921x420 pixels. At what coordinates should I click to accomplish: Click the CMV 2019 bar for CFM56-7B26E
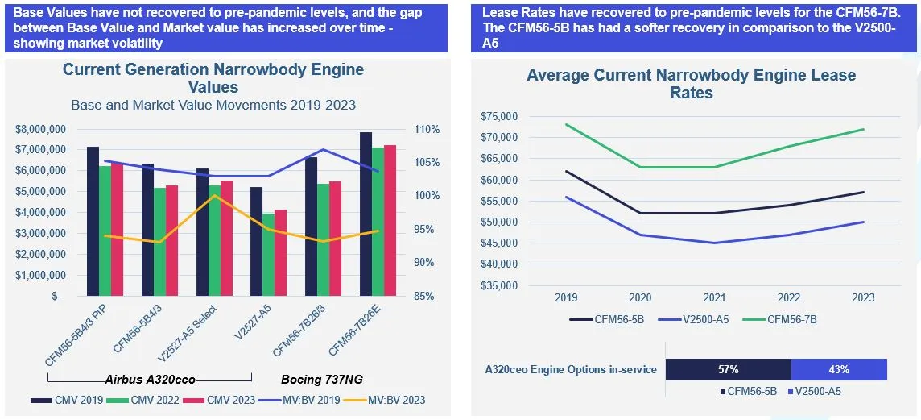pyautogui.click(x=366, y=214)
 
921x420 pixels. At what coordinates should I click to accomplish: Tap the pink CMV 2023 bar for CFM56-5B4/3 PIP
pyautogui.click(x=117, y=230)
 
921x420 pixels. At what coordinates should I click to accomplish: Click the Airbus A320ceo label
pyautogui.click(x=150, y=379)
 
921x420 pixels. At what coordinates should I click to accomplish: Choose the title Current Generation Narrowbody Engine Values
pyautogui.click(x=213, y=77)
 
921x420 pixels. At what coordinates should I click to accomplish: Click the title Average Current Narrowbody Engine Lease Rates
pyautogui.click(x=691, y=84)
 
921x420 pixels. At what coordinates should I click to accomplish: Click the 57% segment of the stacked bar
pyautogui.click(x=729, y=369)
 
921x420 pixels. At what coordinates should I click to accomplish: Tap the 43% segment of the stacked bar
pyautogui.click(x=839, y=369)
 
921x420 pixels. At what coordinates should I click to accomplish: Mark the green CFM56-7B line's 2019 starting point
pyautogui.click(x=566, y=124)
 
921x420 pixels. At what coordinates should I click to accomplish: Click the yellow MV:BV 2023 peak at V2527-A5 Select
pyautogui.click(x=214, y=196)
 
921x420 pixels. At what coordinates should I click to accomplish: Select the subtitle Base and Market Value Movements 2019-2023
pyautogui.click(x=213, y=105)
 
